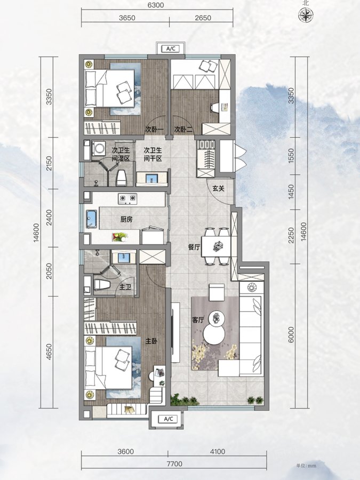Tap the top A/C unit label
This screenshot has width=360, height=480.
pyautogui.click(x=171, y=49)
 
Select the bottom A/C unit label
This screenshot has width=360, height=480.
pyautogui.click(x=169, y=419)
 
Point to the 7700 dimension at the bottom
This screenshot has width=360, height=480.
pyautogui.click(x=174, y=464)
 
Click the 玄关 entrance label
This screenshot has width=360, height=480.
pyautogui.click(x=219, y=188)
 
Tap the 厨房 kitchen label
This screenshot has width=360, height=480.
pyautogui.click(x=126, y=219)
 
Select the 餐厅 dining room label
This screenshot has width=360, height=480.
pyautogui.click(x=194, y=247)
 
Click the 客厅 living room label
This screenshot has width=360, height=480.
pyautogui.click(x=198, y=320)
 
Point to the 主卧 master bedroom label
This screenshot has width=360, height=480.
pyautogui.click(x=151, y=341)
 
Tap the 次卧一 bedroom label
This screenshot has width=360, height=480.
pyautogui.click(x=155, y=130)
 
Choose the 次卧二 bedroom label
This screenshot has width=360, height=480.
pyautogui.click(x=183, y=130)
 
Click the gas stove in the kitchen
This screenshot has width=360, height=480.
pyautogui.click(x=127, y=199)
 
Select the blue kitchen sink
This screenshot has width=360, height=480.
pyautogui.click(x=92, y=219)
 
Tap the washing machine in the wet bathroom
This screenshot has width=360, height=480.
pyautogui.click(x=99, y=148)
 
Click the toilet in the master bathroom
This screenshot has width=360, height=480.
pyautogui.click(x=102, y=285)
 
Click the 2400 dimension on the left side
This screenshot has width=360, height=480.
pyautogui.click(x=49, y=218)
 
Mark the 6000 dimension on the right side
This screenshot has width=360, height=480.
pyautogui.click(x=291, y=334)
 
